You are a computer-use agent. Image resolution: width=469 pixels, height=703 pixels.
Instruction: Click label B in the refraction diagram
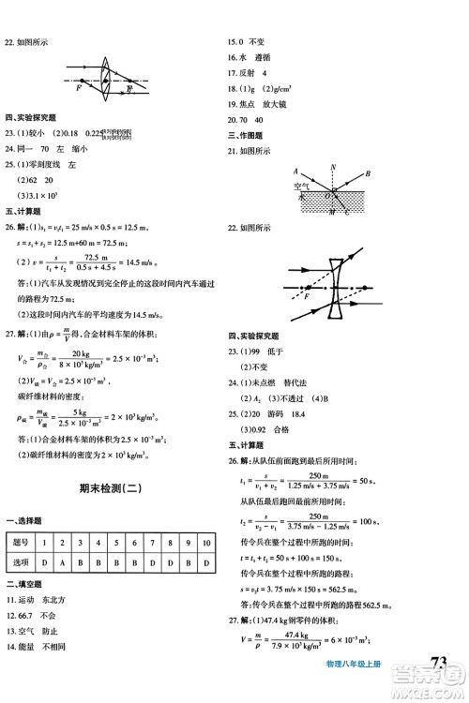[369, 172]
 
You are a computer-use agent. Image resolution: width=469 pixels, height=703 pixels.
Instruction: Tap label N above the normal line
[334, 167]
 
